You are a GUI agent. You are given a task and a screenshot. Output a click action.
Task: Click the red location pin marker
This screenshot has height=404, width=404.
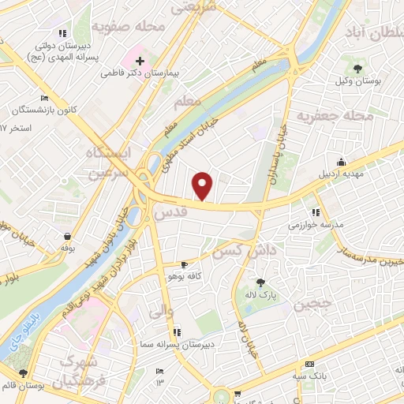204,185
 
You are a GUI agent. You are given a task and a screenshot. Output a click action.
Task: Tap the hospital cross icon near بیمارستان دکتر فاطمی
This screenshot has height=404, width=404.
140,60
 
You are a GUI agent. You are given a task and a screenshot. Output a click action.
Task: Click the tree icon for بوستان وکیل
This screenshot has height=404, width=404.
359,69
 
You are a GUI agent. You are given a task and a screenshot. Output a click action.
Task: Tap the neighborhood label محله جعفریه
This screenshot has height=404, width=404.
334,116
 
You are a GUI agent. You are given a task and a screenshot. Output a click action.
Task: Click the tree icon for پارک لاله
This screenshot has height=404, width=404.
260,282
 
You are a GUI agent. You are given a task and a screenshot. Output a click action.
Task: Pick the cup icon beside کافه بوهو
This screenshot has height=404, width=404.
183,264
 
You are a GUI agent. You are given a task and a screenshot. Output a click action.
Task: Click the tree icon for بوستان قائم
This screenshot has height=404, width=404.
23,373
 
